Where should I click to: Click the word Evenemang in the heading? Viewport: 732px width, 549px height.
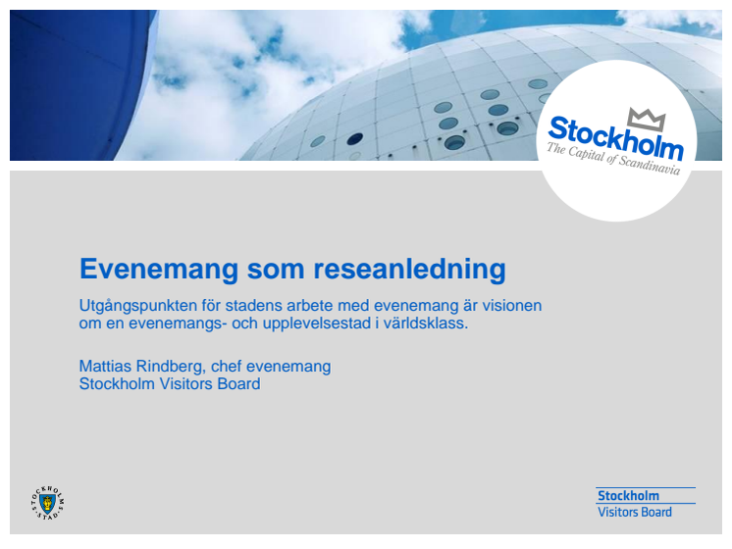159,270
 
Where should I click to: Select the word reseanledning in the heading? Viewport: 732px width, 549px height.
409,270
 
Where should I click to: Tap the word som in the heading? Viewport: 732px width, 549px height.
276,270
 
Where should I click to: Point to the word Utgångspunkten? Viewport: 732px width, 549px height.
138,306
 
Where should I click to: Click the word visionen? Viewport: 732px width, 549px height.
511,306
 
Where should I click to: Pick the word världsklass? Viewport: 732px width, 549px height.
426,324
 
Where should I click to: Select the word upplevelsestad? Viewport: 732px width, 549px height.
317,324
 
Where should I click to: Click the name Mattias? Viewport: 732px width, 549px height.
105,366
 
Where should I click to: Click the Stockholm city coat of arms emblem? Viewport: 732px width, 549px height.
47,503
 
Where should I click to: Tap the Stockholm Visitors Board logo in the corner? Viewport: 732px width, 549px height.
646,503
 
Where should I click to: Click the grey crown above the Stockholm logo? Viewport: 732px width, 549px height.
647,120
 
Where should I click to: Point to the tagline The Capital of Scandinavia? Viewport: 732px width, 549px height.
613,159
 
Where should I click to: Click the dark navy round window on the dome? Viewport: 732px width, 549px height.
355,138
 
